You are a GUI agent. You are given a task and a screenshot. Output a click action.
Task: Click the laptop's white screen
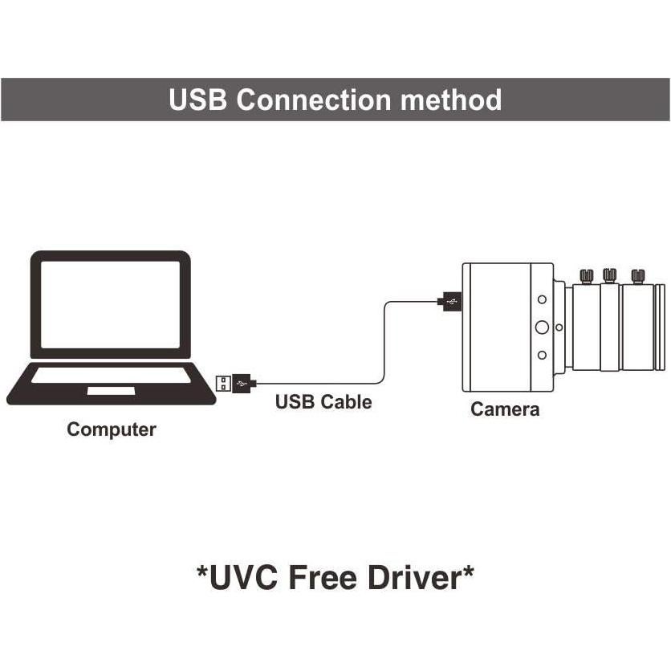click(x=111, y=304)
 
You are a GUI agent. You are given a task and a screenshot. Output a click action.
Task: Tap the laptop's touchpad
click(x=111, y=390)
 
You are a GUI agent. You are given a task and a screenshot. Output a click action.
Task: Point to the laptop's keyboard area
click(x=111, y=375)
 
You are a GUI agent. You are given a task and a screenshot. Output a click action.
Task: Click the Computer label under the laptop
click(x=111, y=429)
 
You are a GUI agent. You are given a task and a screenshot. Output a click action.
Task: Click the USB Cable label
click(x=323, y=401)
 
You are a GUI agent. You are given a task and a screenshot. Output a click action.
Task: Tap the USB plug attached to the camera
click(x=449, y=302)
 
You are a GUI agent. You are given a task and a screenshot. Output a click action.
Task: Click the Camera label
click(x=505, y=409)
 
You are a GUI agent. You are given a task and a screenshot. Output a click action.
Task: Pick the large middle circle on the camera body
click(x=542, y=327)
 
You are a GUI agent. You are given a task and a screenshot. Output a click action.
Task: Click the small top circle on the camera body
click(x=543, y=299)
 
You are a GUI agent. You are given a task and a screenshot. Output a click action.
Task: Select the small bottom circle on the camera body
click(x=543, y=355)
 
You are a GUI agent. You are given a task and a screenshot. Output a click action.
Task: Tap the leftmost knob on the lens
click(x=588, y=276)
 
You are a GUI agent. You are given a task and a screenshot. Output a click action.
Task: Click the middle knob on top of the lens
click(x=610, y=275)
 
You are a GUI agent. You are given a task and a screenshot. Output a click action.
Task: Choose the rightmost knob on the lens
click(x=638, y=276)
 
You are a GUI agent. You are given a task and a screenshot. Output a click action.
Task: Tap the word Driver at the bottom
click(x=420, y=576)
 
